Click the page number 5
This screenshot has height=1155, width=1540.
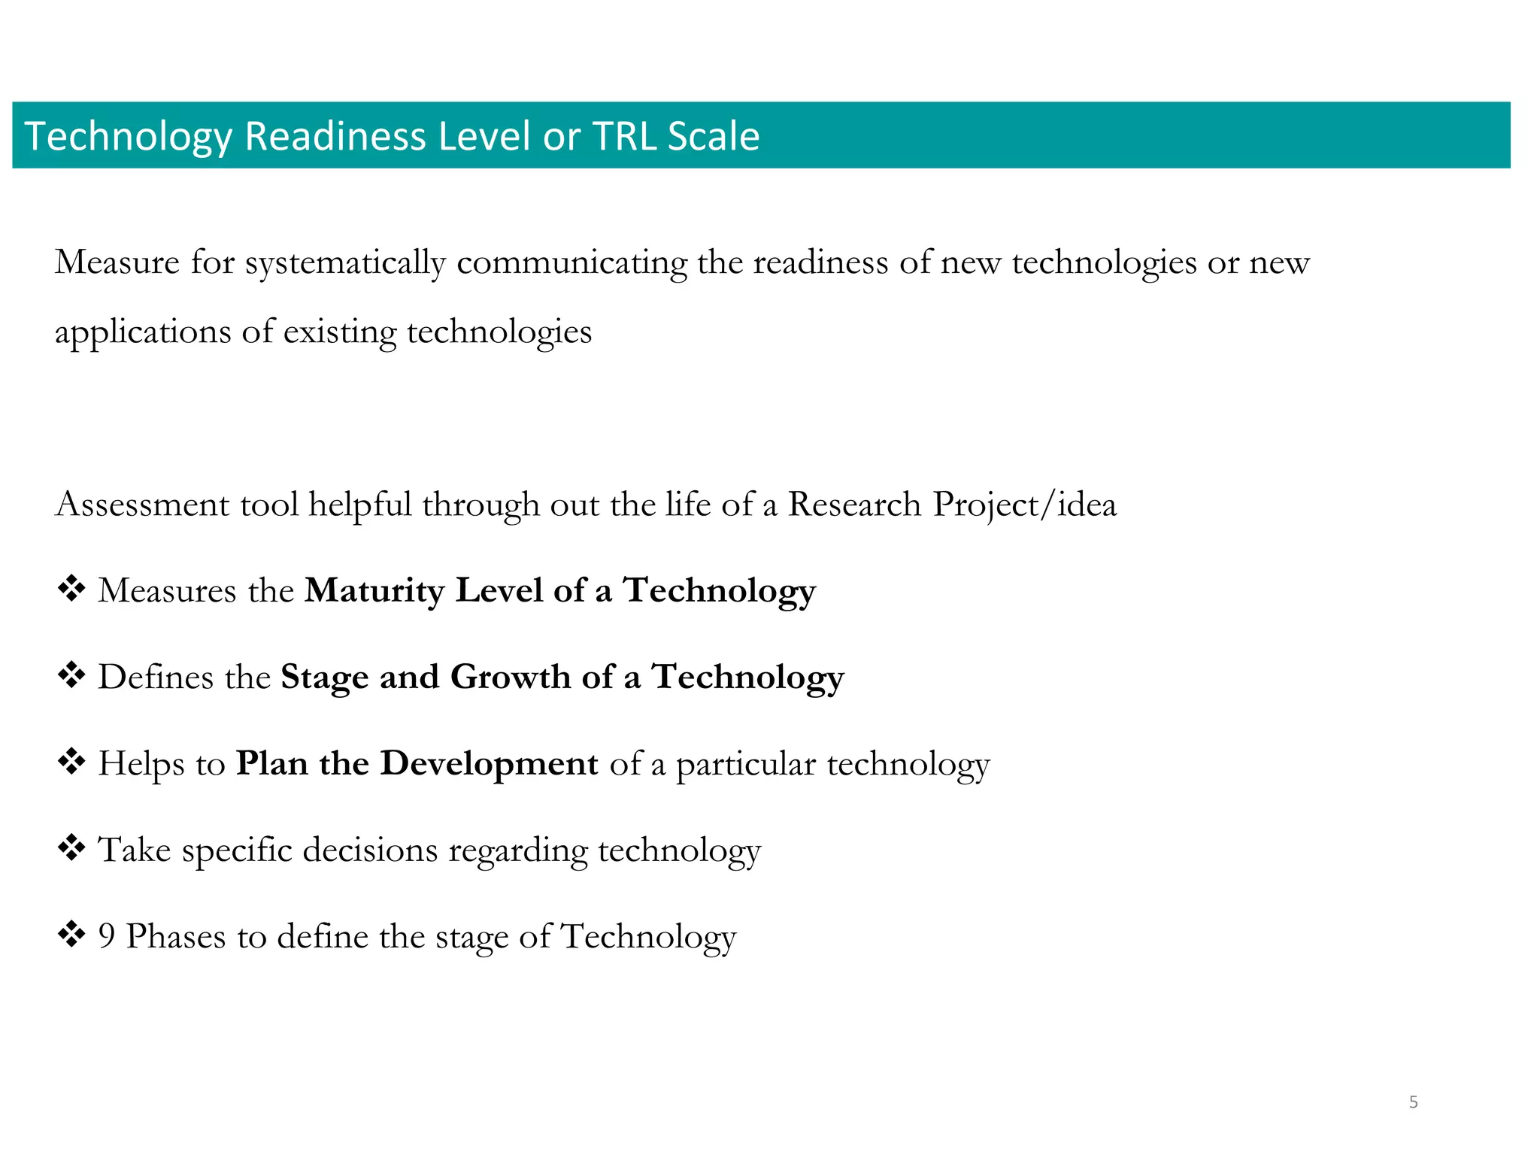[x=1413, y=1102]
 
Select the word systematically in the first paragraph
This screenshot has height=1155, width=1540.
[x=345, y=263]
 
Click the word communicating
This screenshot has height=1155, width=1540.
[x=571, y=263]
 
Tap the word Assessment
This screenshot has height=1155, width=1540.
[x=142, y=505]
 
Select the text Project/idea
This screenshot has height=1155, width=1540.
[x=1024, y=505]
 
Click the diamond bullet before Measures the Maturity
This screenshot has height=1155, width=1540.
[x=71, y=589]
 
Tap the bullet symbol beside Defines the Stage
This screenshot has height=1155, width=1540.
[x=71, y=675]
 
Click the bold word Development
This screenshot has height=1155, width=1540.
[x=490, y=763]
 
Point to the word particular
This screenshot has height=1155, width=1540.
[x=745, y=765]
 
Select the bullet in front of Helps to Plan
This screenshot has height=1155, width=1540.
[x=71, y=762]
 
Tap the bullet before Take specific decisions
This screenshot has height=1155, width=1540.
[x=71, y=848]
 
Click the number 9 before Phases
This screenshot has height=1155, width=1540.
[x=107, y=937]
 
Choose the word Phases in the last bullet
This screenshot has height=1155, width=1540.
[x=175, y=937]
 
